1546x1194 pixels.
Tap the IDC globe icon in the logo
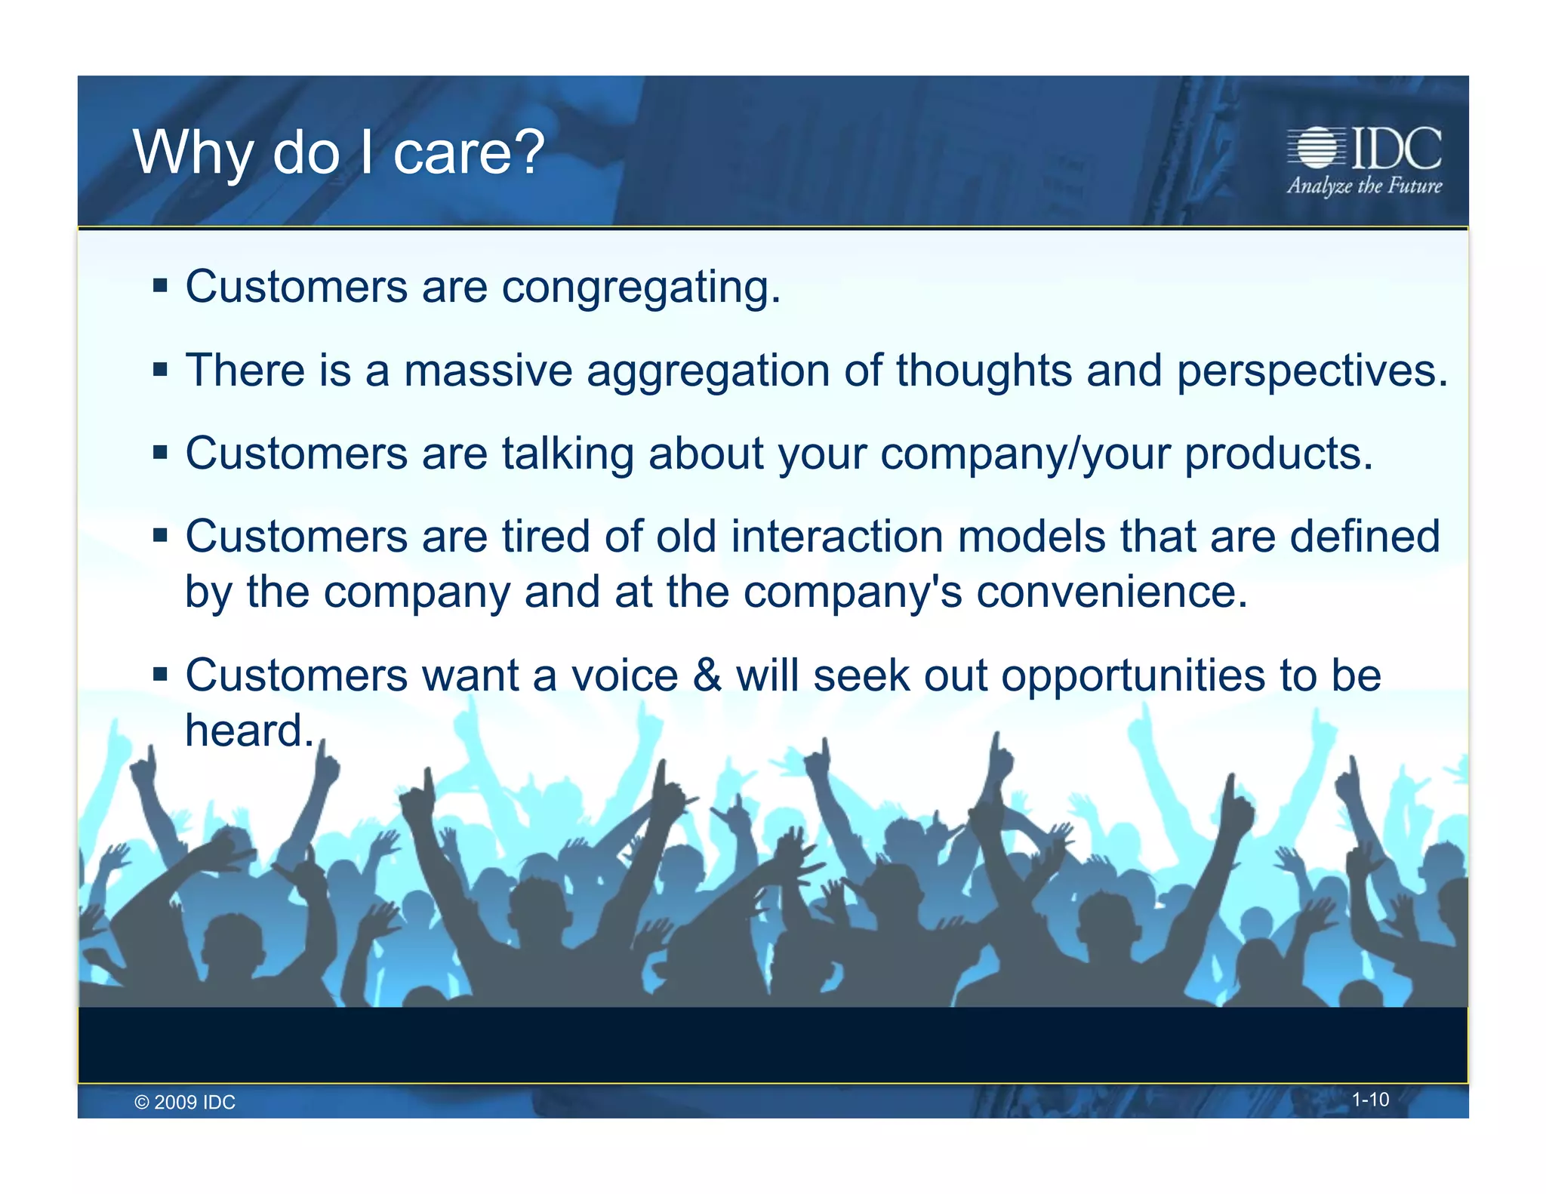1316,147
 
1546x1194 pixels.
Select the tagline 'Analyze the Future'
1364,186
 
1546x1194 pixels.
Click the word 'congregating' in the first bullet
640,288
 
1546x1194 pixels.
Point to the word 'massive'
488,371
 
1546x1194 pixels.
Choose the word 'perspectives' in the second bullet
1311,372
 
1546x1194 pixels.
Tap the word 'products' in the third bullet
1277,454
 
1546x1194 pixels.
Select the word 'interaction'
837,537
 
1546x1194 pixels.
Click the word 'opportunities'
1132,675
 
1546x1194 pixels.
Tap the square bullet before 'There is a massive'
159,370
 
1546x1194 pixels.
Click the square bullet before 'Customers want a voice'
159,673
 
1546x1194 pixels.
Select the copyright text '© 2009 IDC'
185,1102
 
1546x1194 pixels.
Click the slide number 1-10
1369,1100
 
